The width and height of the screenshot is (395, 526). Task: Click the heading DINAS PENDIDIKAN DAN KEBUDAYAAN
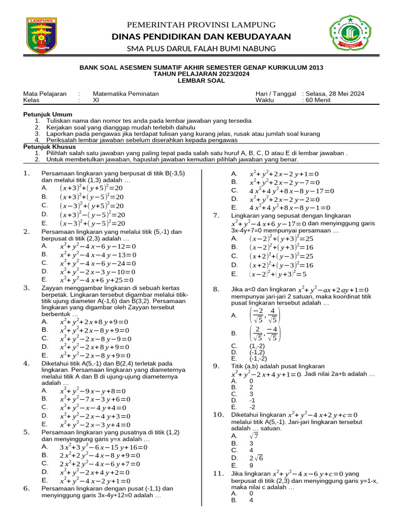[x=197, y=36]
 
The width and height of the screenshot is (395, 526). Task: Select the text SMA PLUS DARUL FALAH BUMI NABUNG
[x=197, y=49]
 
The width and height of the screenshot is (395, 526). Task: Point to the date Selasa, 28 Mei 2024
[x=335, y=93]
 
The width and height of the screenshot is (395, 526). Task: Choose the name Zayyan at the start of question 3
[x=52, y=288]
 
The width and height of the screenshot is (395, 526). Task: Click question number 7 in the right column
[x=217, y=216]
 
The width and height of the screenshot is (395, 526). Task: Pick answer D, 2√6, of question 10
[x=256, y=457]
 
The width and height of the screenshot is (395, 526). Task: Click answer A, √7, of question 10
[x=253, y=435]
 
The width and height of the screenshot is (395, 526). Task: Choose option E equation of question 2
[x=97, y=280]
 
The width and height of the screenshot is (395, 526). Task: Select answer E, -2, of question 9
[x=252, y=406]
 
